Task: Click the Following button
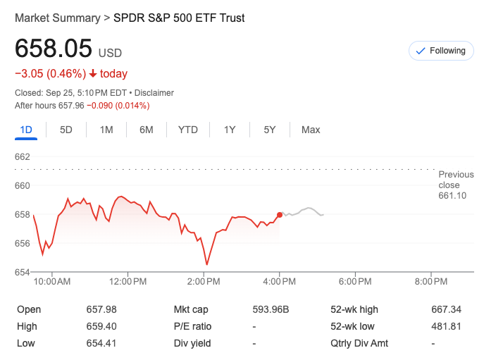441,51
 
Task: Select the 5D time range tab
66,130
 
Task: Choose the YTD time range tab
188,130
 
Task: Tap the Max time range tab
311,130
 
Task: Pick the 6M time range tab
147,130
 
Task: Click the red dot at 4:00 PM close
280,215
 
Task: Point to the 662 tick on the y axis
23,156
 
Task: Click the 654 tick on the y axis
23,273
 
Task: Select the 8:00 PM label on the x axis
431,282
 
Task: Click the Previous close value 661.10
452,196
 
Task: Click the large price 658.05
54,49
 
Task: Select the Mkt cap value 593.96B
271,309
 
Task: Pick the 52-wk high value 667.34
446,309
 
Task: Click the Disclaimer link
154,93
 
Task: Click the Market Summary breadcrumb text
57,18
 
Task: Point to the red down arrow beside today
93,74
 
